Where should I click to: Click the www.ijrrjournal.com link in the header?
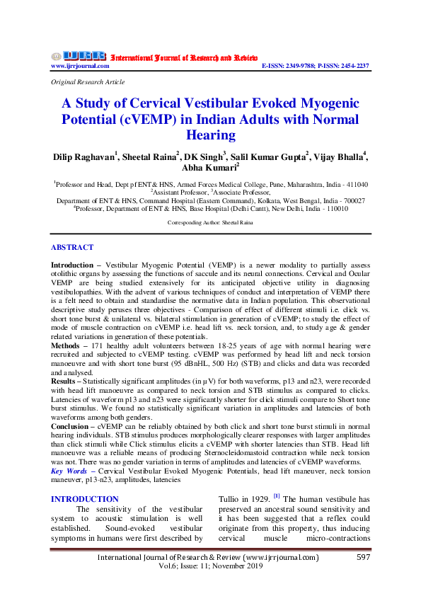(80, 66)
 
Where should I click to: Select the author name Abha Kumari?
(209, 168)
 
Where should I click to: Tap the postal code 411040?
(355, 183)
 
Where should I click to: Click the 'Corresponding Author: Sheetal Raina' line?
(210, 222)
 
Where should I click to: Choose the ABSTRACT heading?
(71, 247)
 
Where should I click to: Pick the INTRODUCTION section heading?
(85, 499)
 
